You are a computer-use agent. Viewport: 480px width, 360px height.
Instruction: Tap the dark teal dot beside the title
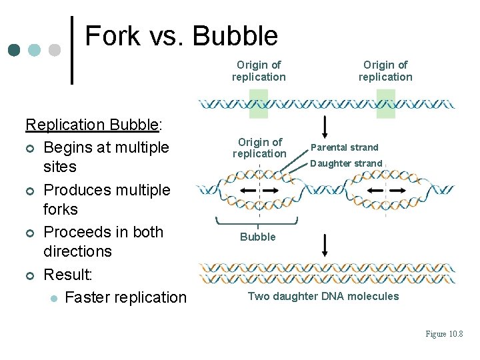pos(15,50)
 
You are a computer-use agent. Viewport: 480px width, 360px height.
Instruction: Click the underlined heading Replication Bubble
pos(92,125)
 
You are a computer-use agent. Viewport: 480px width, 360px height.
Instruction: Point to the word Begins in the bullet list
pos(70,147)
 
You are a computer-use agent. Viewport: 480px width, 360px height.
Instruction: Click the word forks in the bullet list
pos(61,209)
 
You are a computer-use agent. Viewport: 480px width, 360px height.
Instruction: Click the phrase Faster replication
pos(126,297)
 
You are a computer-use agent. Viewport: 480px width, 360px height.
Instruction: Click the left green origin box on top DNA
pos(258,104)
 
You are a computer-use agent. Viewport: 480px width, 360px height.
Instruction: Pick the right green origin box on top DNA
pos(385,104)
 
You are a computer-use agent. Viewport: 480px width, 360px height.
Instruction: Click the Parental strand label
pos(345,147)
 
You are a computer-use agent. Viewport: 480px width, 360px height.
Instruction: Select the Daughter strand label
pos(346,163)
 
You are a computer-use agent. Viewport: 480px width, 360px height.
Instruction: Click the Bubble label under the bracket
pos(258,237)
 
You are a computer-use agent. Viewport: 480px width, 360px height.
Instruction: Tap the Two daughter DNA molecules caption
pos(323,296)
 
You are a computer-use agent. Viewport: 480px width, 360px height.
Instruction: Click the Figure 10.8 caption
pos(444,334)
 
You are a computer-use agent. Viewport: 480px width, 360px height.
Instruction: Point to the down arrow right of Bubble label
pos(325,245)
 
